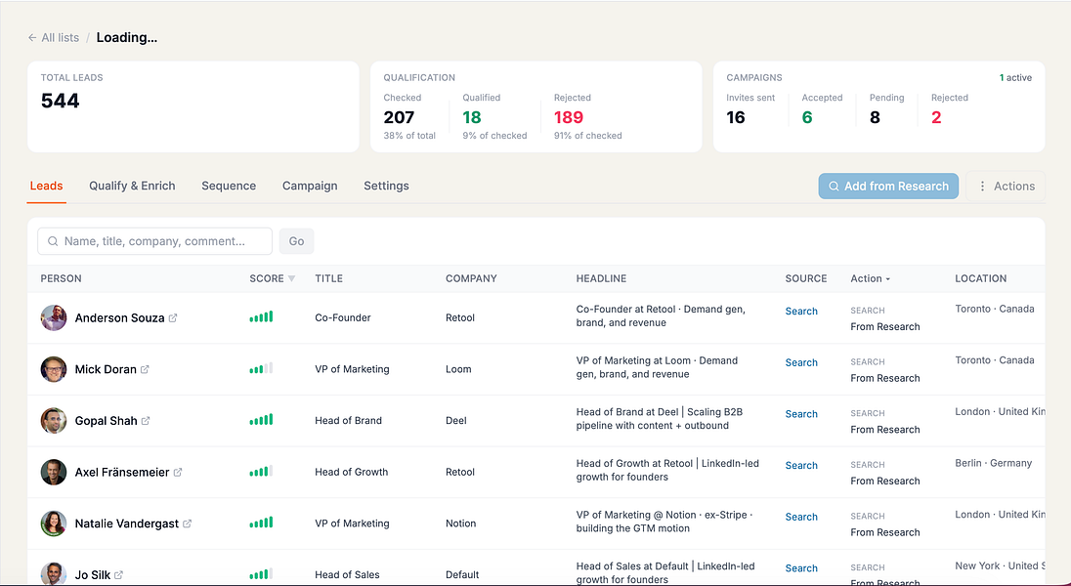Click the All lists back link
[x=54, y=37]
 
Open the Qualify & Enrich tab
[x=132, y=186]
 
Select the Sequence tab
[x=229, y=186]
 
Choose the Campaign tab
[x=310, y=186]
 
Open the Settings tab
[x=386, y=186]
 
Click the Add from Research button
[x=888, y=186]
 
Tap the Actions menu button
[x=1006, y=186]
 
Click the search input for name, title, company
[x=155, y=241]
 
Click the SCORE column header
[x=272, y=278]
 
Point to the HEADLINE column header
[x=601, y=278]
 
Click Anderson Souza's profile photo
[x=54, y=317]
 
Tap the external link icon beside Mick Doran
[x=145, y=369]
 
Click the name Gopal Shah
[x=106, y=421]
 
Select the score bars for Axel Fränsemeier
[x=261, y=472]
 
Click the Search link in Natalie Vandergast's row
[x=801, y=517]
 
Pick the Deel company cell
[x=455, y=421]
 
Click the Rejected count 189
[x=569, y=117]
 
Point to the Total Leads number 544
[x=61, y=101]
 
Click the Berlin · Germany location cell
[x=993, y=463]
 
